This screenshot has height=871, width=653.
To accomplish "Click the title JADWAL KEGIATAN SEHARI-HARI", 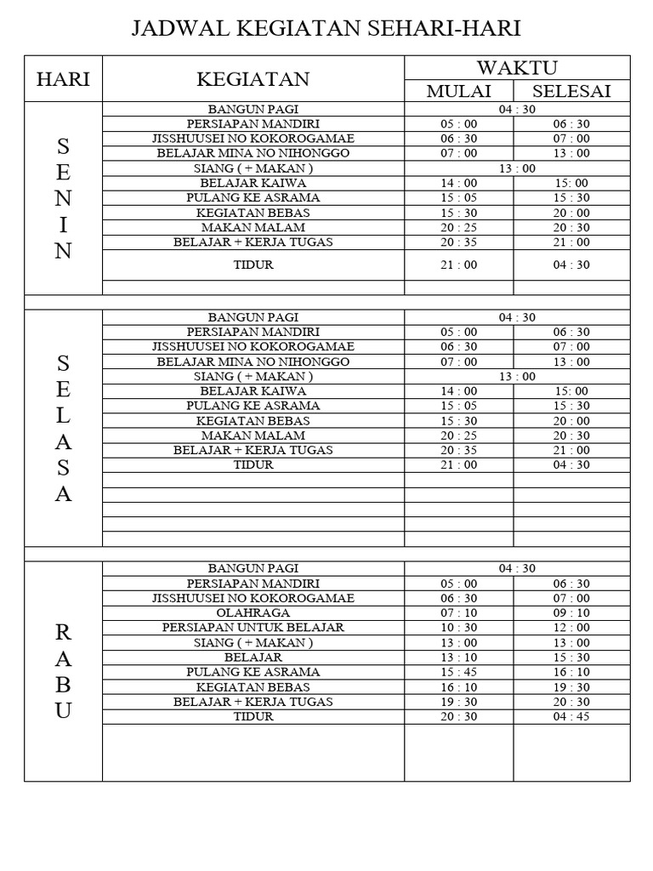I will click(x=326, y=30).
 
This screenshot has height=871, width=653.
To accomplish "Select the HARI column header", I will click(x=63, y=80).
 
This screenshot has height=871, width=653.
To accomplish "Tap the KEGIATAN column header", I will click(x=253, y=80).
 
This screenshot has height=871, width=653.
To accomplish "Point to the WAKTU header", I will click(x=517, y=68).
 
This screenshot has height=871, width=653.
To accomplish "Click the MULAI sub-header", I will click(x=459, y=92).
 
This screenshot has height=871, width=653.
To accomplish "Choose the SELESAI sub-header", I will click(x=571, y=92).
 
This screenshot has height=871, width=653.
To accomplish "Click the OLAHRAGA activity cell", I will click(x=253, y=612).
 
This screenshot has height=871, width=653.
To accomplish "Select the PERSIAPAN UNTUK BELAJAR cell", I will click(x=253, y=628).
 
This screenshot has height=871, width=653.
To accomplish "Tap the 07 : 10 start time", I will click(x=459, y=612).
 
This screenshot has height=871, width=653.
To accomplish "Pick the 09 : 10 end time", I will click(x=571, y=612).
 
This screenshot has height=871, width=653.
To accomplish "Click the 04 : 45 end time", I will click(x=571, y=717).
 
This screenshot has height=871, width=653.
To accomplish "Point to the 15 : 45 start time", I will click(x=459, y=672).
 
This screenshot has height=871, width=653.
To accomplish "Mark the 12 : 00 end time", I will click(x=571, y=628).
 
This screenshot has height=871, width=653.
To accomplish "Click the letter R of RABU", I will click(x=63, y=632).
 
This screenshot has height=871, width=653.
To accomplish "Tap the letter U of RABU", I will click(x=63, y=712).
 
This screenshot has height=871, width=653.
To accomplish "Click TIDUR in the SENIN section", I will click(x=253, y=265).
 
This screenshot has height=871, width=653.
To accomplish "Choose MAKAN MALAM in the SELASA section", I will click(x=253, y=435).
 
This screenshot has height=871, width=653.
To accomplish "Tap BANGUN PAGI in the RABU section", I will click(x=253, y=568).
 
